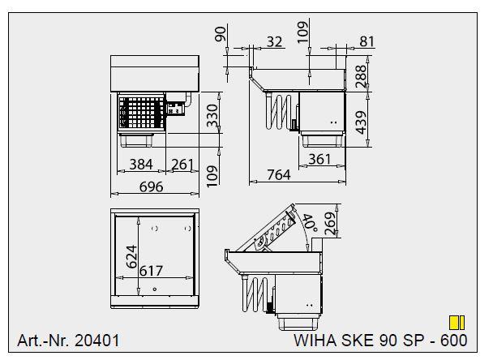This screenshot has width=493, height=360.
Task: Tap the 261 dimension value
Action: pos(182,165)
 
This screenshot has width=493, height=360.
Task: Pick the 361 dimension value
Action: pos(320,160)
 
